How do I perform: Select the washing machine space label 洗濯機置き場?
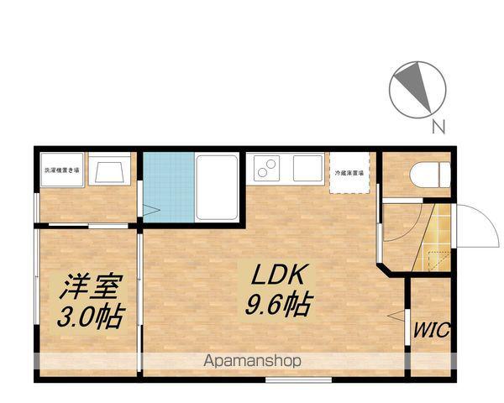[x=62, y=170]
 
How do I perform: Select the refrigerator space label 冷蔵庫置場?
[x=349, y=172]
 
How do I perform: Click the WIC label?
[x=431, y=328]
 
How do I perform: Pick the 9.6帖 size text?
[x=277, y=305]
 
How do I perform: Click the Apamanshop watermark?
[x=253, y=361]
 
